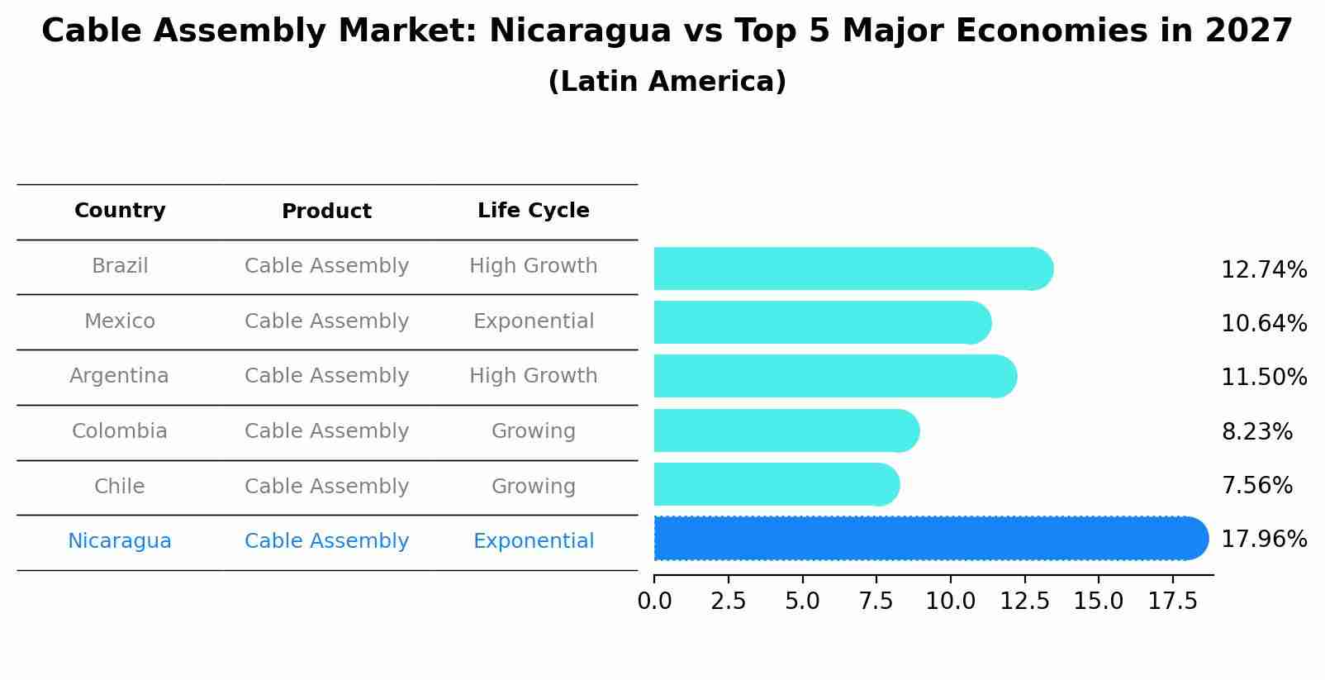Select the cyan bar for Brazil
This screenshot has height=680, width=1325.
tap(851, 269)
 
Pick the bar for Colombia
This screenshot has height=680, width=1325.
tap(785, 430)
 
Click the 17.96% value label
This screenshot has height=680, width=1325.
tap(1263, 540)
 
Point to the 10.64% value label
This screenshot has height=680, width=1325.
tap(1263, 323)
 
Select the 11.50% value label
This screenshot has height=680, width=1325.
tap(1263, 378)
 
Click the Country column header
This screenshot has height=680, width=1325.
tap(120, 211)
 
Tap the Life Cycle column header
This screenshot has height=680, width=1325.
tap(533, 211)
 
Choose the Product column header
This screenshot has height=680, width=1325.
tap(326, 212)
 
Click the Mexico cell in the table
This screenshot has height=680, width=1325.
tap(120, 321)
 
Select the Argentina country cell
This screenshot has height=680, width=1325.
tap(119, 376)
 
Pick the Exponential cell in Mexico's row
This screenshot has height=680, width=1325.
tap(533, 321)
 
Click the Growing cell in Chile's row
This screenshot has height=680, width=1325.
tap(533, 487)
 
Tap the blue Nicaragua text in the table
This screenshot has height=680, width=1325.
tap(120, 541)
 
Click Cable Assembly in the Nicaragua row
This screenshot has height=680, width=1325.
tap(326, 541)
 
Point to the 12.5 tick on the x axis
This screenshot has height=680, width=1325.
tap(1024, 602)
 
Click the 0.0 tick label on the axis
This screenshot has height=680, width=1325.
tap(654, 602)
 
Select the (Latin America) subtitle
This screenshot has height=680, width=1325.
tap(667, 82)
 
